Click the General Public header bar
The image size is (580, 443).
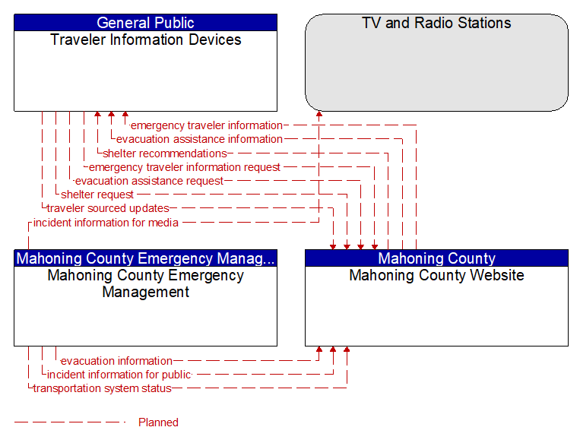pyautogui.click(x=145, y=23)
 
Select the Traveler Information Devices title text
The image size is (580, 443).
pyautogui.click(x=145, y=40)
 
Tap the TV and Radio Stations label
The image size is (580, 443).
pyautogui.click(x=436, y=23)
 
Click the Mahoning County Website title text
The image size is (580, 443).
pyautogui.click(x=436, y=275)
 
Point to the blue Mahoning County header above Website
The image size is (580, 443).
pyautogui.click(x=436, y=258)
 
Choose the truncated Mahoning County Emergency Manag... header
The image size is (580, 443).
pyautogui.click(x=145, y=258)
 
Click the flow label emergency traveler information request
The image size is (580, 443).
pyautogui.click(x=184, y=167)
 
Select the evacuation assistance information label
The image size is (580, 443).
pyautogui.click(x=199, y=139)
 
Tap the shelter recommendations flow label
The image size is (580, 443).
pyautogui.click(x=165, y=153)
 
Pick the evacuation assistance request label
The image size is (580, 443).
pyautogui.click(x=149, y=181)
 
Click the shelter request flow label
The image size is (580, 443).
pyautogui.click(x=97, y=195)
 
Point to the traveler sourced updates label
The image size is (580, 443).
pyautogui.click(x=108, y=208)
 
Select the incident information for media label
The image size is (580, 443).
pyautogui.click(x=106, y=223)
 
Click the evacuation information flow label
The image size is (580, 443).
pyautogui.click(x=116, y=361)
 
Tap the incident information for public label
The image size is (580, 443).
pyautogui.click(x=119, y=375)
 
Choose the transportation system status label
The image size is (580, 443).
pyautogui.click(x=103, y=388)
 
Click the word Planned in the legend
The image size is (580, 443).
pyautogui.click(x=158, y=422)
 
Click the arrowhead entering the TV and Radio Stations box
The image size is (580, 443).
pyautogui.click(x=319, y=114)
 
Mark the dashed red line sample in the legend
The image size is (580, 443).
pyautogui.click(x=70, y=422)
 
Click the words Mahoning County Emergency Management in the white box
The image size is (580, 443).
pyautogui.click(x=145, y=283)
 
